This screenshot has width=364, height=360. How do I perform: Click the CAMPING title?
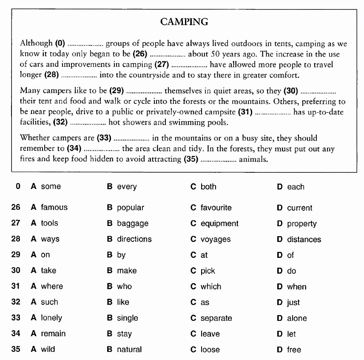click(x=184, y=22)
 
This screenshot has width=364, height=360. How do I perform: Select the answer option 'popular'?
click(x=131, y=208)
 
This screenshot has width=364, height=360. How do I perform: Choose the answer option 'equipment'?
click(x=219, y=223)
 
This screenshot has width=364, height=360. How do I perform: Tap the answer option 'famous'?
click(x=54, y=208)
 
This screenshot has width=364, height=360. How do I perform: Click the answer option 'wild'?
click(x=48, y=349)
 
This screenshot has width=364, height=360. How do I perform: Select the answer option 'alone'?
click(x=297, y=318)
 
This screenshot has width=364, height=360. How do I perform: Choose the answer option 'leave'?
click(x=210, y=334)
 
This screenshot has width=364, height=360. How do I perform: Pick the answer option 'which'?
click(x=211, y=287)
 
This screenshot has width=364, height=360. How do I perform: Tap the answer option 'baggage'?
click(x=133, y=223)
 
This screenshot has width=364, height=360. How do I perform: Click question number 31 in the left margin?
click(x=16, y=286)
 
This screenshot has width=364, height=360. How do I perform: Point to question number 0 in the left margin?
click(x=17, y=186)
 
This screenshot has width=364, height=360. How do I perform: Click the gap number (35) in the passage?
click(x=191, y=160)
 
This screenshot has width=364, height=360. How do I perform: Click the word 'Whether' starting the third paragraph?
click(x=34, y=138)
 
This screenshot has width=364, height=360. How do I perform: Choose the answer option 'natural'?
click(x=129, y=350)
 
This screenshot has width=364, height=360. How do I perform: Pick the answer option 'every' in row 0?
click(x=127, y=187)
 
